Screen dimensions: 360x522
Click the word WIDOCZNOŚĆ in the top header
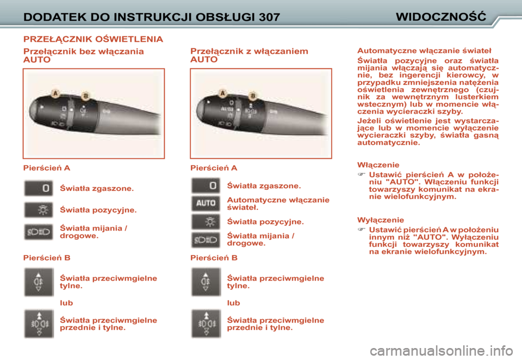[x=440, y=16]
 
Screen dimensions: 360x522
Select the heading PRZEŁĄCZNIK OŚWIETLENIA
[x=93, y=39]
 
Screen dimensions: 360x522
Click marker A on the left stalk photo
[x=55, y=94]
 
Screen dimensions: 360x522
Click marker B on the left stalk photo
[x=85, y=96]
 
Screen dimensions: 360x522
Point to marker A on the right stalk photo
[x=223, y=94]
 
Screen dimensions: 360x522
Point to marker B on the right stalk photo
[x=252, y=96]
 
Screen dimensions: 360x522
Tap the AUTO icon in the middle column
[x=206, y=203]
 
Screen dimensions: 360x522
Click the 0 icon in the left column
[x=39, y=189]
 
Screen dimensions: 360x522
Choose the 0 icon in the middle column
[x=206, y=186]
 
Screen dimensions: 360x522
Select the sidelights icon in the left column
[x=39, y=210]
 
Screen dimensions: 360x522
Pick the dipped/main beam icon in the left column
[x=39, y=232]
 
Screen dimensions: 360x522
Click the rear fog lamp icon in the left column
[x=39, y=282]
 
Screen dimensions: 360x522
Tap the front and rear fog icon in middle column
[x=206, y=324]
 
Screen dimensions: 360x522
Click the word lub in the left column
[x=66, y=303]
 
